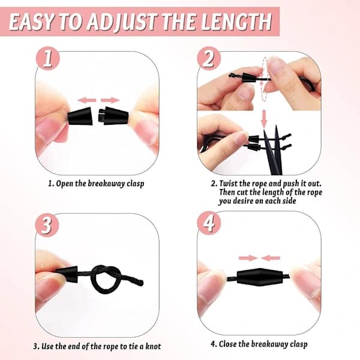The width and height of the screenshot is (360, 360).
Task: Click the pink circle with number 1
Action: pos(48,59)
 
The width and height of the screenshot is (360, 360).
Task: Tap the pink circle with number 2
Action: pos(209,59)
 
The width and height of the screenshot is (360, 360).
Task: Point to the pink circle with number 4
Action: pos(209,223)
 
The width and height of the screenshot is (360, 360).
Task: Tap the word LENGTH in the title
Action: pos(237,22)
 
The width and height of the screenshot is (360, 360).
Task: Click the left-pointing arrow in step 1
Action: pos(86,100)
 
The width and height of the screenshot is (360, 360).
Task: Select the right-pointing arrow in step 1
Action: pos(110,100)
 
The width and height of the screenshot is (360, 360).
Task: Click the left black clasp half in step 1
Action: pos(80,116)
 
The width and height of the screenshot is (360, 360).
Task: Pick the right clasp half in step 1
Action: pos(113,116)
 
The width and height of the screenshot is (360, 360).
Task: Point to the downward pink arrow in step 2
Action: pos(264,119)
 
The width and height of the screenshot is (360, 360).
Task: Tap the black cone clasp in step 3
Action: pos(67,274)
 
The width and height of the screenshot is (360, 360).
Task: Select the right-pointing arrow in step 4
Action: pos(248,258)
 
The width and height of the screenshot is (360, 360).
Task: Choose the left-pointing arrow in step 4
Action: pos(271,258)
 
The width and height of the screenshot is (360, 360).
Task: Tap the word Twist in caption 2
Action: pos(227,183)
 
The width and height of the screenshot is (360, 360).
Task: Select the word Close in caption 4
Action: pos(228,344)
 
